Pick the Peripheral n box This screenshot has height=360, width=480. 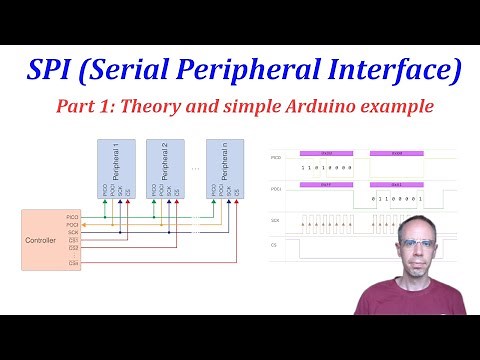click(225, 167)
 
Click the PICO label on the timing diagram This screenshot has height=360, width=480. click(276, 157)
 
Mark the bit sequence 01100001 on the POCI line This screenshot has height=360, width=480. click(397, 200)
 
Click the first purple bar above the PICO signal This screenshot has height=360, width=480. click(326, 152)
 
